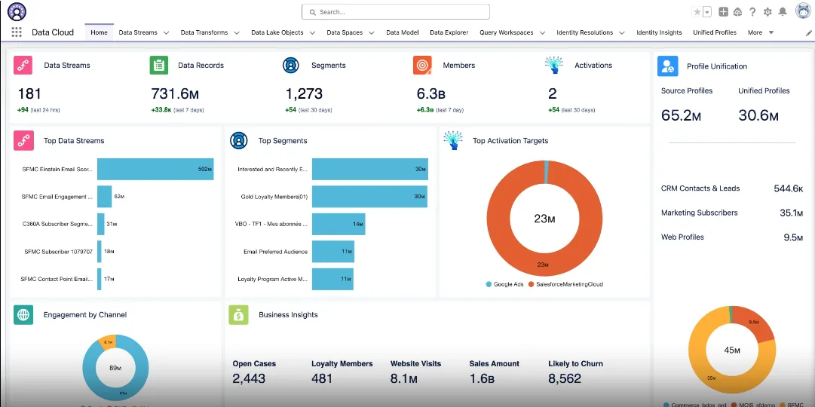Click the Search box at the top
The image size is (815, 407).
pyautogui.click(x=395, y=12)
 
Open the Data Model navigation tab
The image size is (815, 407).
pyautogui.click(x=402, y=33)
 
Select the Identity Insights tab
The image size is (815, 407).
pyautogui.click(x=658, y=33)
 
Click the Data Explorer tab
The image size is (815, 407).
pyautogui.click(x=449, y=33)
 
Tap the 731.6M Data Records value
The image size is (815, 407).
pyautogui.click(x=175, y=94)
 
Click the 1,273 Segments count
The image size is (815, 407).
pyautogui.click(x=304, y=94)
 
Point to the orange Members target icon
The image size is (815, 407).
pyautogui.click(x=422, y=66)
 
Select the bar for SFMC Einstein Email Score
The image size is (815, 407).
pyautogui.click(x=155, y=170)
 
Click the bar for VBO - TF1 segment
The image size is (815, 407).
pyautogui.click(x=339, y=224)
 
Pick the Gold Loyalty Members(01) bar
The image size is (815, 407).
pyautogui.click(x=369, y=197)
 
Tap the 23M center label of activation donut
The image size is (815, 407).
pyautogui.click(x=544, y=219)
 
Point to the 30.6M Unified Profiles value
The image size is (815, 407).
pyautogui.click(x=758, y=115)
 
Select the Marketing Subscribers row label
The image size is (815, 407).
pyautogui.click(x=699, y=213)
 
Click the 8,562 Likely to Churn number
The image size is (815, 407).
pyautogui.click(x=565, y=378)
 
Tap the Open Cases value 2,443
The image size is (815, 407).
pyautogui.click(x=249, y=378)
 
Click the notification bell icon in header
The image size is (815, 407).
pyautogui.click(x=783, y=12)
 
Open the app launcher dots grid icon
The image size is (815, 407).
pyautogui.click(x=17, y=32)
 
